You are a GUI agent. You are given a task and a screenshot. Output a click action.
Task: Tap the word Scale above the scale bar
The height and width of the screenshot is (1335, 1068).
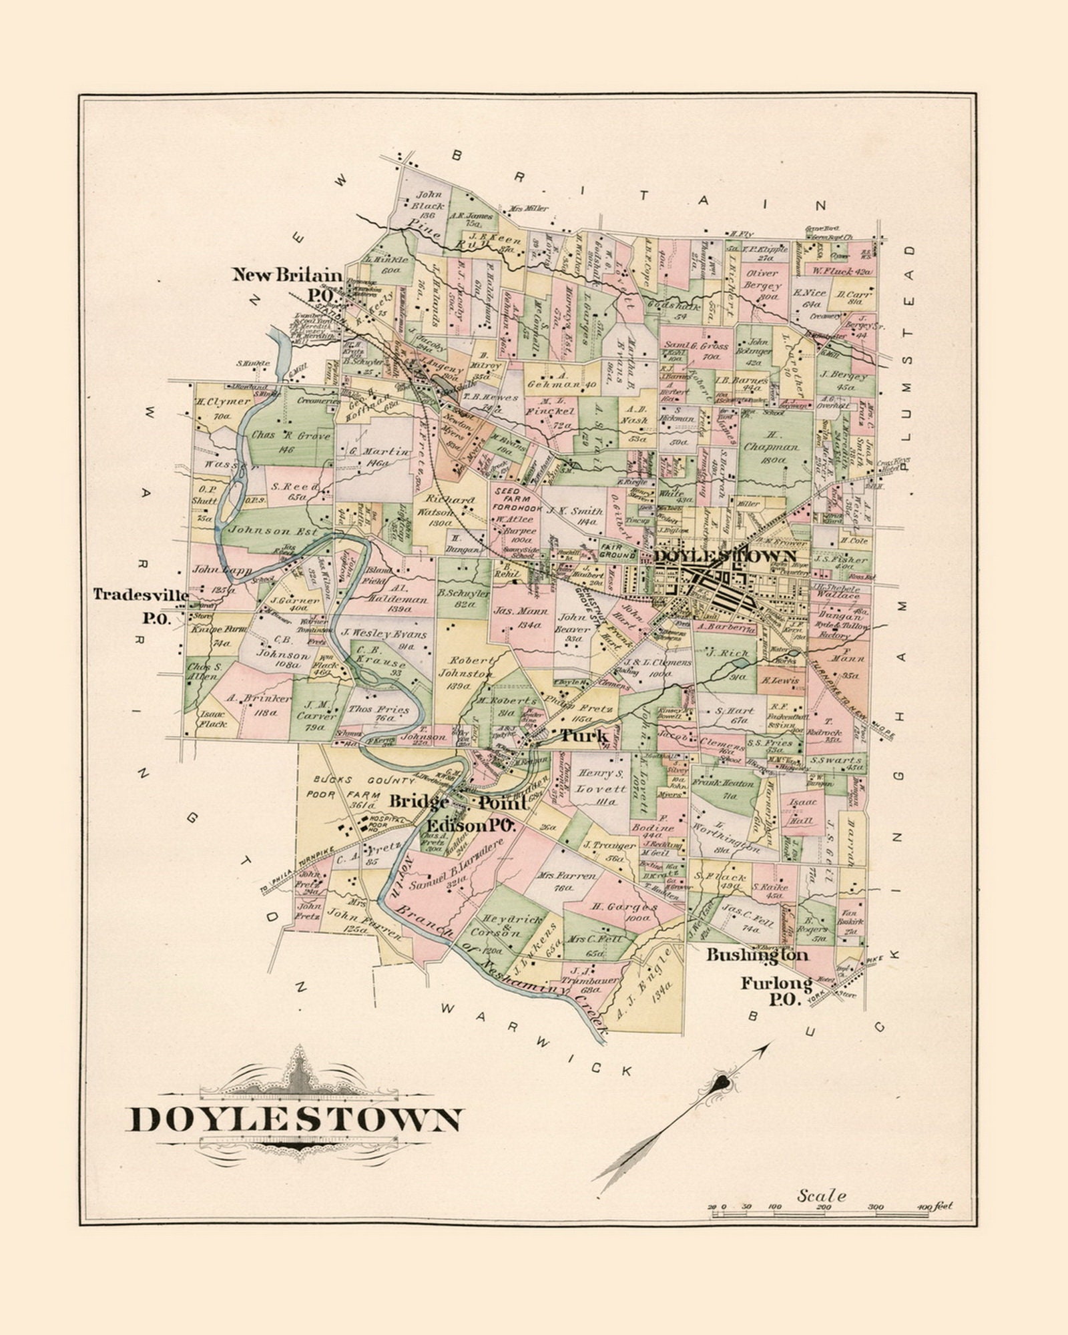tap(821, 1195)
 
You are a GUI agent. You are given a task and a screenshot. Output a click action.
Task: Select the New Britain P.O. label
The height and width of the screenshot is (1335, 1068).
tap(287, 284)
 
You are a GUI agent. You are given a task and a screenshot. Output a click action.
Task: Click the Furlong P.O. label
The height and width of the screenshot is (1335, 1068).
tap(776, 992)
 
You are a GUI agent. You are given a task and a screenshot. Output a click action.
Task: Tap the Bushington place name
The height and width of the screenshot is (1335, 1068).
tap(757, 955)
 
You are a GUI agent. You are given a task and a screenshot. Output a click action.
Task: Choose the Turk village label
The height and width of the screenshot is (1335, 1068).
tap(583, 736)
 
